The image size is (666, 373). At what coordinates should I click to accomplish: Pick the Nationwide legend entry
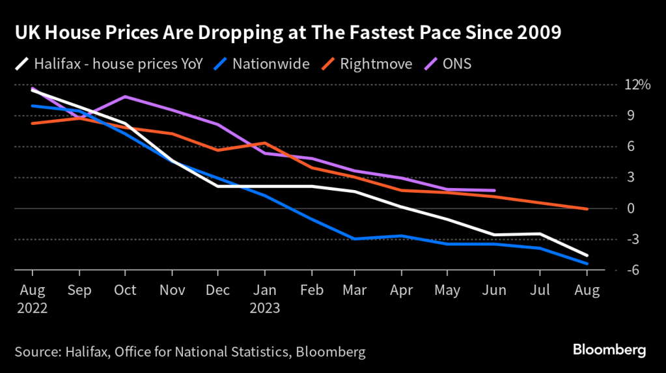[x=262, y=64]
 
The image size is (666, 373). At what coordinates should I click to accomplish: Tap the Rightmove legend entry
[x=366, y=64]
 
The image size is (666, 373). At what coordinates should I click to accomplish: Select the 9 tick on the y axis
[x=630, y=115]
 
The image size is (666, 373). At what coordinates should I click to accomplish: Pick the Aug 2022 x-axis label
[x=31, y=298]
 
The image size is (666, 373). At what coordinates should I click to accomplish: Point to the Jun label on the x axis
[x=495, y=290]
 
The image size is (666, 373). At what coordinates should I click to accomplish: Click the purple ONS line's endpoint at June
[x=495, y=191]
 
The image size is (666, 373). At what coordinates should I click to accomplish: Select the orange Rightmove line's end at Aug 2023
[x=587, y=209]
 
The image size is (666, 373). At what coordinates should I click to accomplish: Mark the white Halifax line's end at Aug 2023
[x=587, y=255]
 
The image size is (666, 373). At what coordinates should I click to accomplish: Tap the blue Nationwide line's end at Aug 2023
[x=587, y=264]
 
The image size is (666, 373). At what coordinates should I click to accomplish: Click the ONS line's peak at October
[x=124, y=96]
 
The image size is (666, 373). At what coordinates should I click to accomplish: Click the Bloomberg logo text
[x=609, y=350]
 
